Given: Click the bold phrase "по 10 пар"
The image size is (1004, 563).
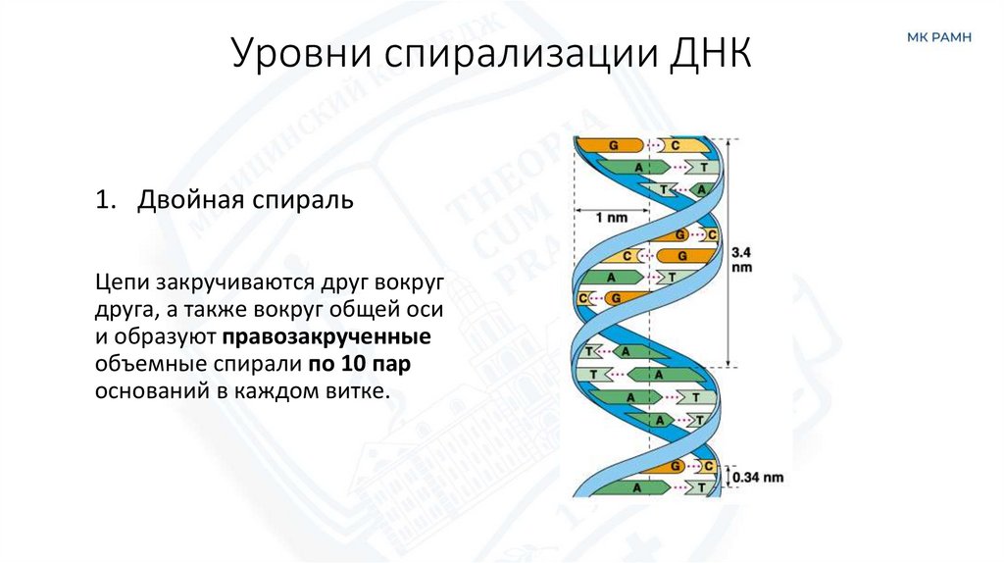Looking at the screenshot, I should pos(355,365).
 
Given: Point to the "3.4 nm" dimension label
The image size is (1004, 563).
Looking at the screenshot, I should pos(742,258).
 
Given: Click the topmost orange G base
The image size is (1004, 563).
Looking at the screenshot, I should pos(614,145).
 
